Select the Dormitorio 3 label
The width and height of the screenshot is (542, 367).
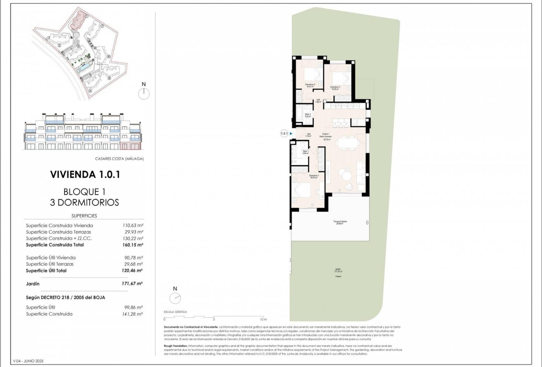click(x=335, y=87)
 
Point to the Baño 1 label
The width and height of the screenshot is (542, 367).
click(x=305, y=152)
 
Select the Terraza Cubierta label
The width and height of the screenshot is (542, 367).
click(x=340, y=223)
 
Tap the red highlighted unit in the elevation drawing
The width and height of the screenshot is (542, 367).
click(x=131, y=146)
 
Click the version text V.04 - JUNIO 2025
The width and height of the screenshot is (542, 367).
click(x=28, y=361)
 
